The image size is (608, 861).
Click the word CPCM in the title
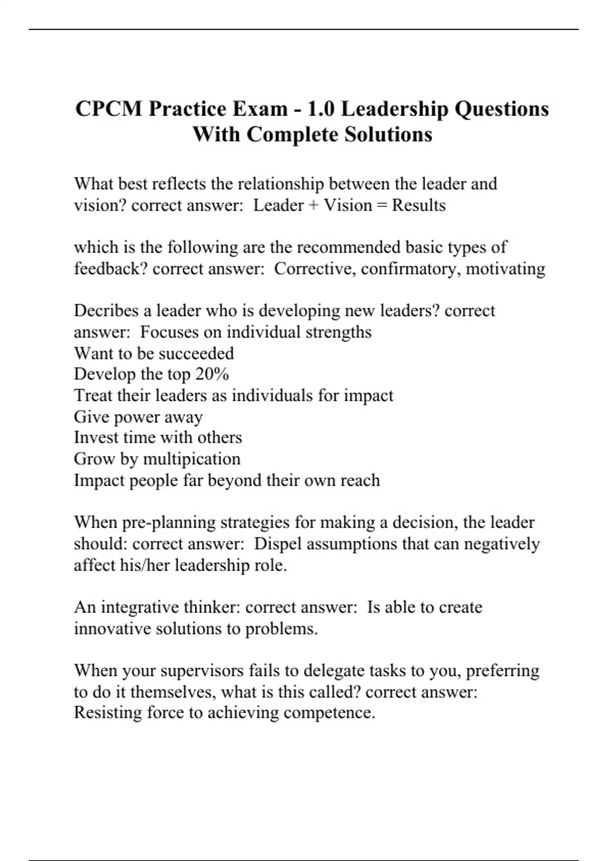108,109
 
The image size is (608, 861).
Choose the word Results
419,206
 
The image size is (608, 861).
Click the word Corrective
314,268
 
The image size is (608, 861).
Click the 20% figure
212,374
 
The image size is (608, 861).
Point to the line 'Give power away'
138,417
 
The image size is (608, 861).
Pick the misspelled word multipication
192,459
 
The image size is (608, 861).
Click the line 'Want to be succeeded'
154,353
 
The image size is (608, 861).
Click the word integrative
140,607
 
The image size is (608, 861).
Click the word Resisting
108,713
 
